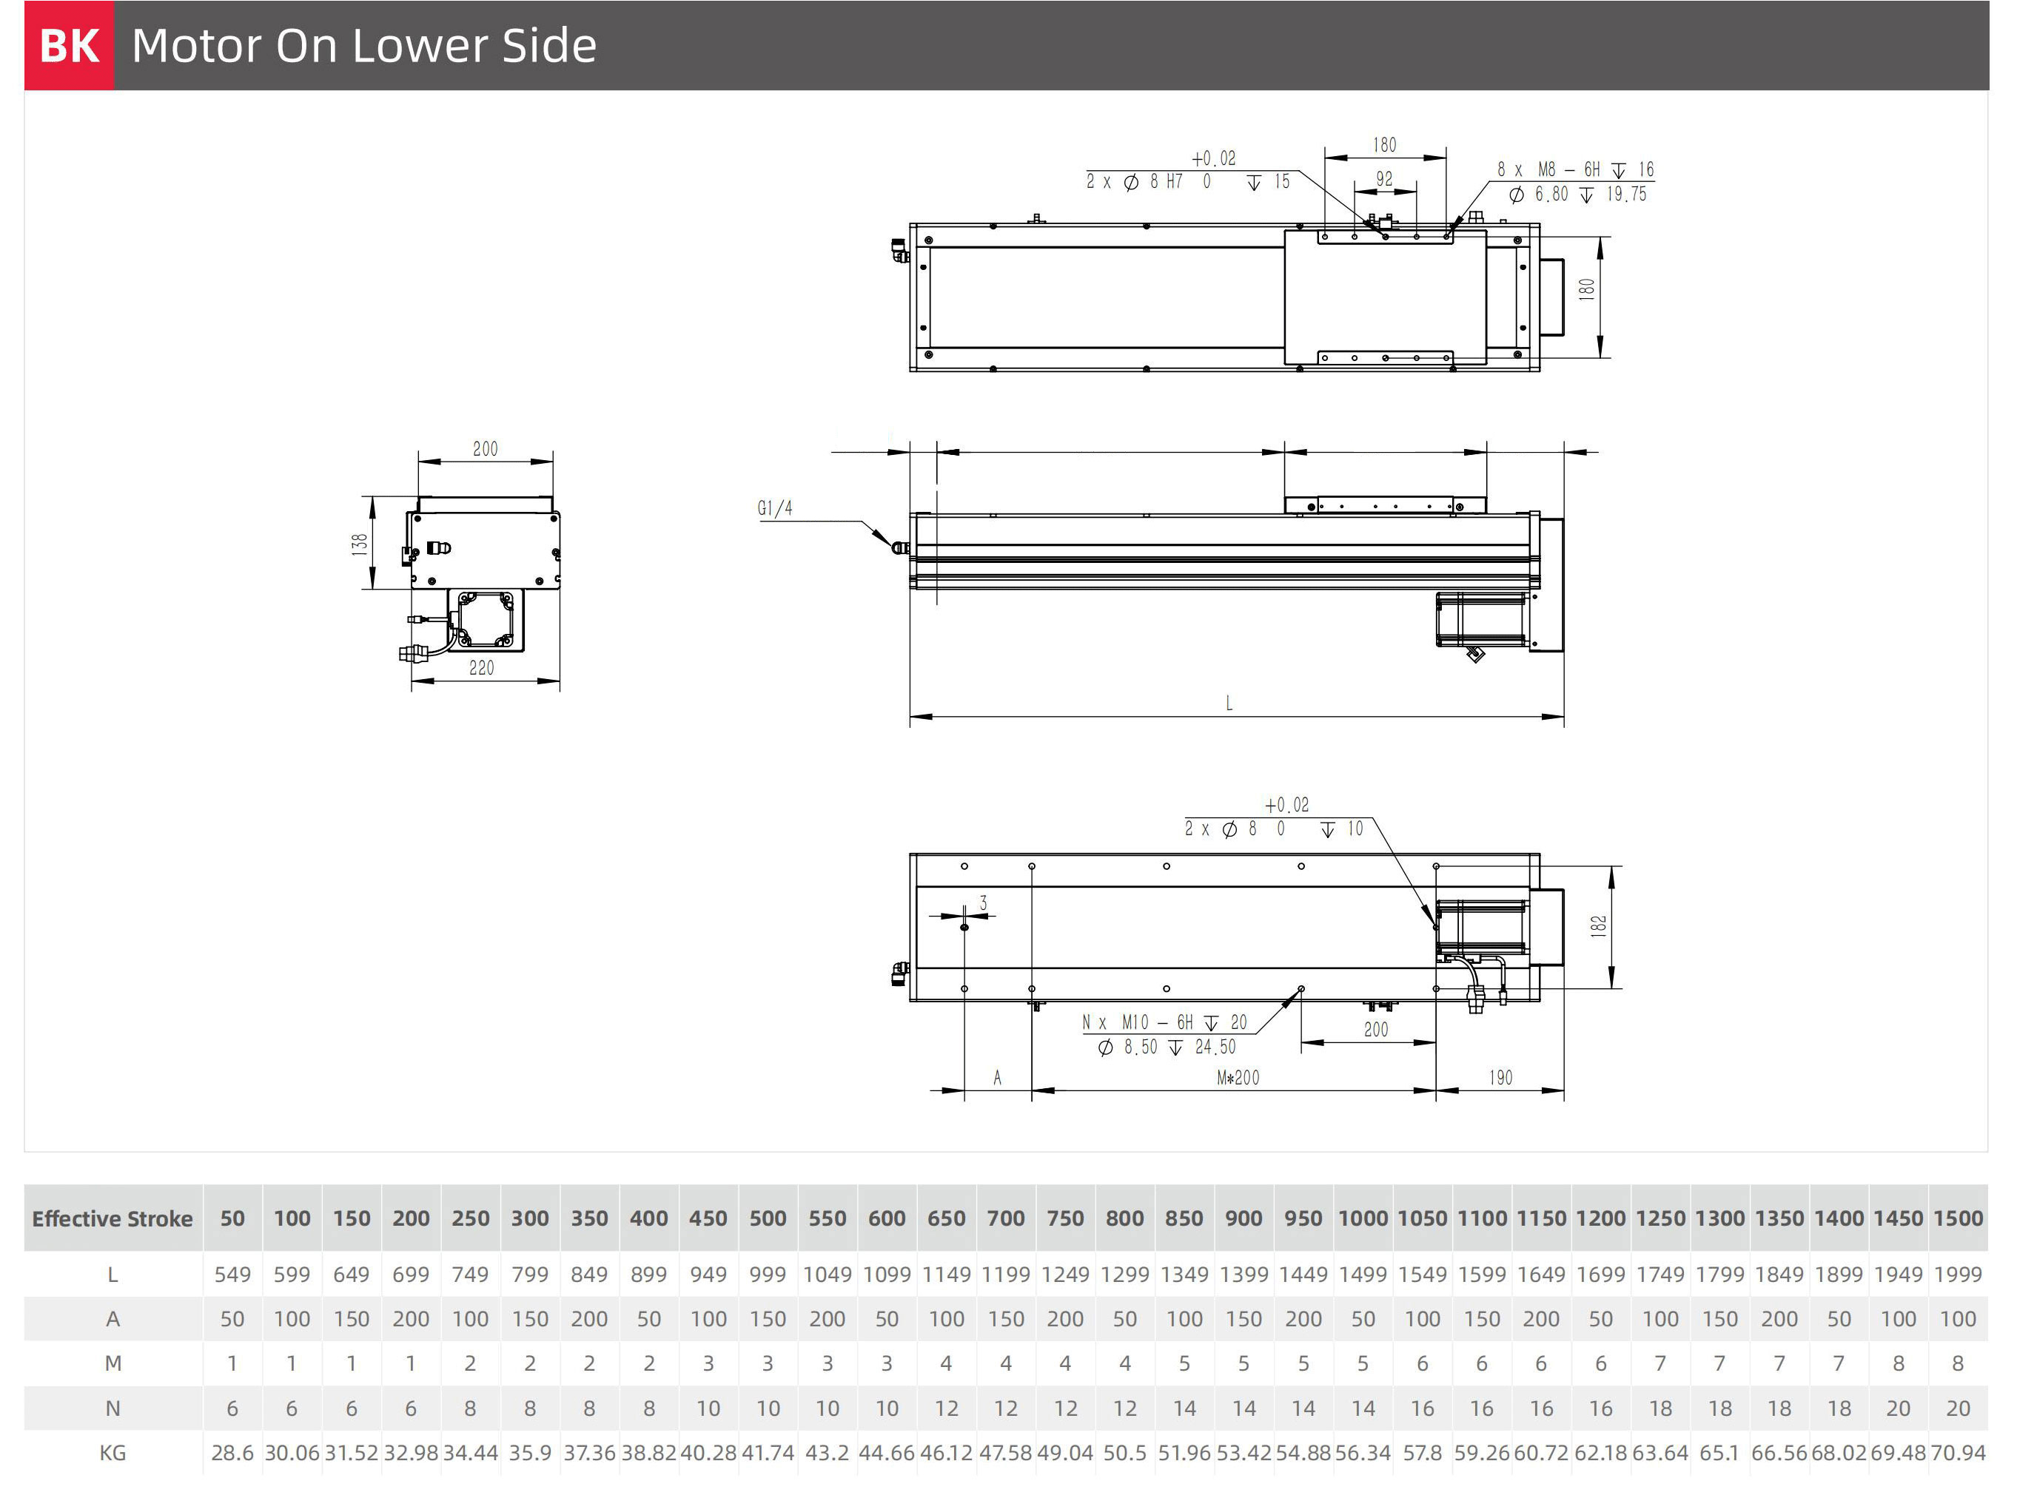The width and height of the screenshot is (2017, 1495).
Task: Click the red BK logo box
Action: [70, 45]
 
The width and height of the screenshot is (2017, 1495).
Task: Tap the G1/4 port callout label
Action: [775, 509]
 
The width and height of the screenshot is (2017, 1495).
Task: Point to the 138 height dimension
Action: [360, 544]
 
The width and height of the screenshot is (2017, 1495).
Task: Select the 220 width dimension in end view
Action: [482, 668]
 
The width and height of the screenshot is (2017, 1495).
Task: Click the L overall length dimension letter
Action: [1229, 703]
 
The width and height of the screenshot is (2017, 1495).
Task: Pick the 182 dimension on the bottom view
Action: [1599, 926]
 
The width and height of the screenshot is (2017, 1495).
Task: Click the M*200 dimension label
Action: [1238, 1078]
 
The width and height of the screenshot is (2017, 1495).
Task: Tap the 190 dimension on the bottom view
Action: [1501, 1078]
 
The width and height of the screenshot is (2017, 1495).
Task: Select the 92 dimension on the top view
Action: [1384, 179]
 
